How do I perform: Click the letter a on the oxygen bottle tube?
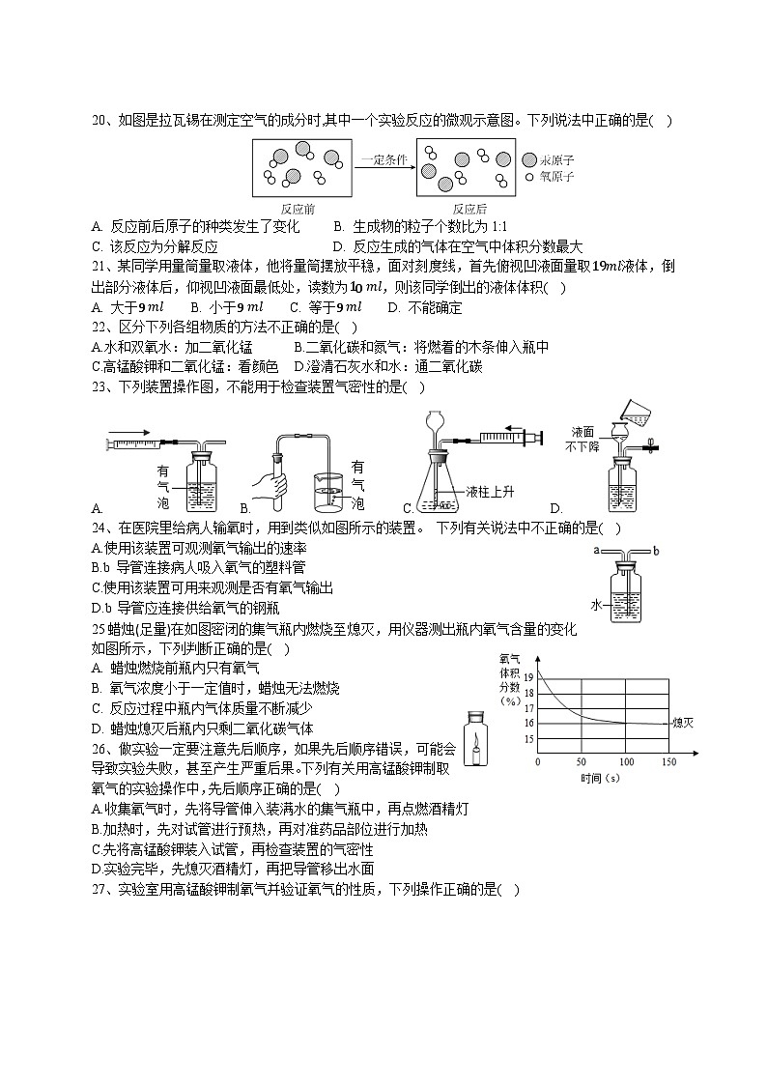599,550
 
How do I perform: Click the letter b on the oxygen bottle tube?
656,551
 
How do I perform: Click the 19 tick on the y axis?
527,678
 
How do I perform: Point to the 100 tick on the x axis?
626,762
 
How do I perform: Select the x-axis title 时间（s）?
600,778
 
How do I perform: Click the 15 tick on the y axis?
527,739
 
